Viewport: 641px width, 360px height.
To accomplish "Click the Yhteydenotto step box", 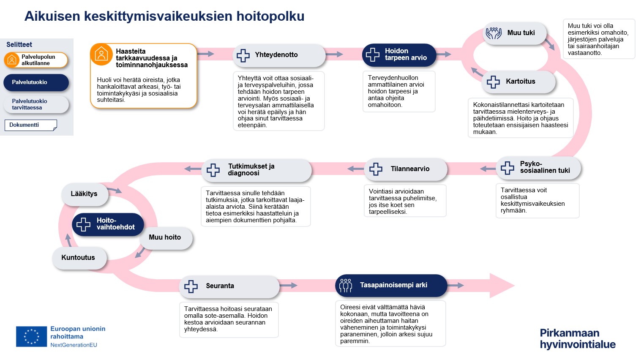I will coord(278,55).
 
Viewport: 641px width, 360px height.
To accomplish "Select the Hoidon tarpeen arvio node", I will coord(398,55).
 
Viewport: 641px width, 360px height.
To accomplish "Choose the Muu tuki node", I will coord(514,33).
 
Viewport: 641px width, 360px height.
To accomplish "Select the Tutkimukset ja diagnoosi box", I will coord(256,170).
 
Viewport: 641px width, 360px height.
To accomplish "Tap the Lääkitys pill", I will coord(85,194).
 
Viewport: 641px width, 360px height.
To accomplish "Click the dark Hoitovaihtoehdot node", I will coord(108,224).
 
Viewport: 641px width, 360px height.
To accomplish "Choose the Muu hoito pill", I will coord(165,237).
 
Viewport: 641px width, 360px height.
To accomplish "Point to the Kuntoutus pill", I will coord(79,258).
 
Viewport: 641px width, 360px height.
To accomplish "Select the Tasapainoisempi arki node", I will coord(391,286).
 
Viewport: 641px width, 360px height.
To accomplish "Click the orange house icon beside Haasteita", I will coord(101,55).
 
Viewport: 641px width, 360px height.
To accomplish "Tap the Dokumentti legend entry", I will coord(30,125).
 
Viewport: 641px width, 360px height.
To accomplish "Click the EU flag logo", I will coord(31,336).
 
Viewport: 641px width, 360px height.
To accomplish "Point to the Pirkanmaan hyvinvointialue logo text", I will coord(577,338).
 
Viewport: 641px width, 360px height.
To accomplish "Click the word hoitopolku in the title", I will coord(270,16).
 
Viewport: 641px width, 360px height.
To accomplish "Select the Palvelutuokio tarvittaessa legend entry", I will coord(36,104).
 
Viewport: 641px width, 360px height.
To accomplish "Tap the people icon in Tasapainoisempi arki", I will coord(346,286).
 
